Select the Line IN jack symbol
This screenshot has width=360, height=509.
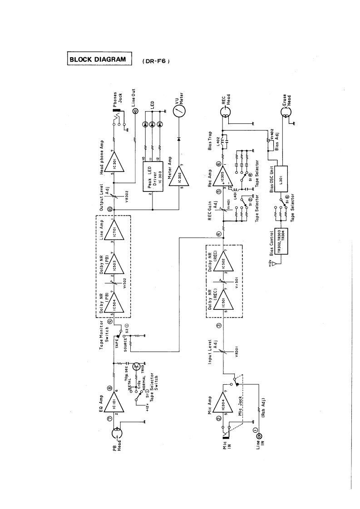point(260,436)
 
